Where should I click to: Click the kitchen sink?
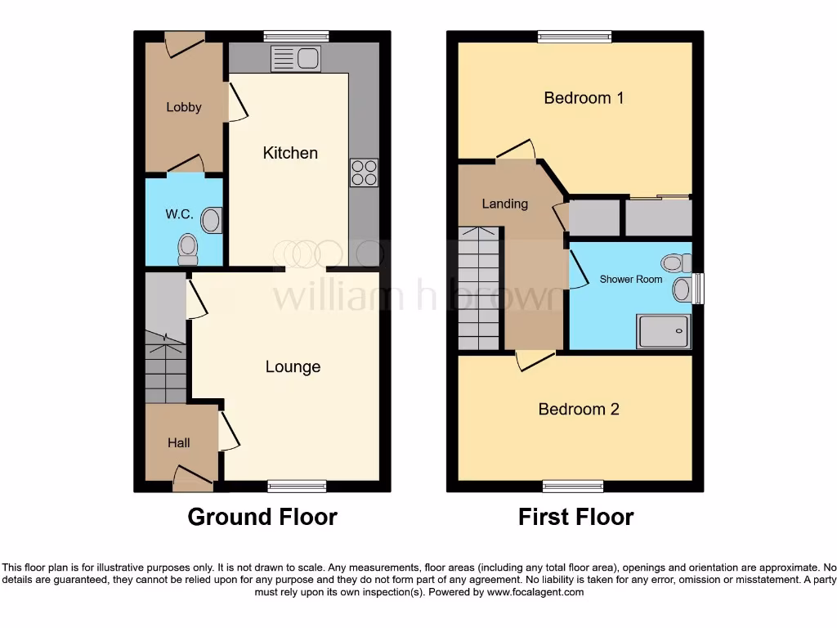click(296, 59)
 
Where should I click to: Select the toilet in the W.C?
click(188, 249)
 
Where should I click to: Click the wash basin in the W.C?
click(212, 220)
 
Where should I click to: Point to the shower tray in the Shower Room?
click(662, 331)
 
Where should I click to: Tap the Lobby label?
click(184, 107)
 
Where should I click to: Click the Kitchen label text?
click(290, 153)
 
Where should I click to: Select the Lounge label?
click(293, 367)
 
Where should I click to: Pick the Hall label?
click(179, 442)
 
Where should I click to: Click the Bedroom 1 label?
click(584, 98)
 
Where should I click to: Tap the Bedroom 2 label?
click(578, 409)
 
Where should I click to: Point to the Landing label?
click(504, 204)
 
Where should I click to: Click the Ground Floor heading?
click(262, 517)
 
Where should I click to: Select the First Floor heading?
click(575, 517)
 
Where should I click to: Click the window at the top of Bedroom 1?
click(575, 36)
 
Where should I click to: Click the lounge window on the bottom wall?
click(297, 487)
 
